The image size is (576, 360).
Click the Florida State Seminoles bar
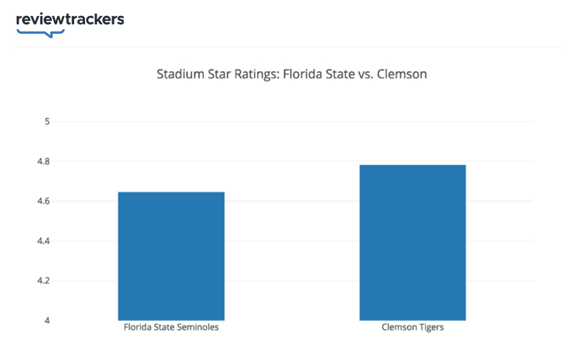pos(171,256)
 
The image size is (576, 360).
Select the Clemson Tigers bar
pos(413,243)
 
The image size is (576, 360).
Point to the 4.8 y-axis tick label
pos(43,161)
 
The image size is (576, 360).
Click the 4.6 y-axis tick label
pos(43,201)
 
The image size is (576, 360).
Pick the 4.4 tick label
pos(43,240)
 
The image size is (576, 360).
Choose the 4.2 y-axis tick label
pos(43,280)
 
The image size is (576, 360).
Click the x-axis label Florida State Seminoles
pos(171,328)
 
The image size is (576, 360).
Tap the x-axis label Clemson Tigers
pos(413,328)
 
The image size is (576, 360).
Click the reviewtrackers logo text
pos(70,19)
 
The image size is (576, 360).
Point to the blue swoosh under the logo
pos(42,32)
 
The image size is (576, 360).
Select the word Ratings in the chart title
pos(246,74)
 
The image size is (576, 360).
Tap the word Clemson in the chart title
pos(402,74)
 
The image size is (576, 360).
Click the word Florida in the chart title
pos(294,74)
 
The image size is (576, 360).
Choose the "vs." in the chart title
pos(366,74)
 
